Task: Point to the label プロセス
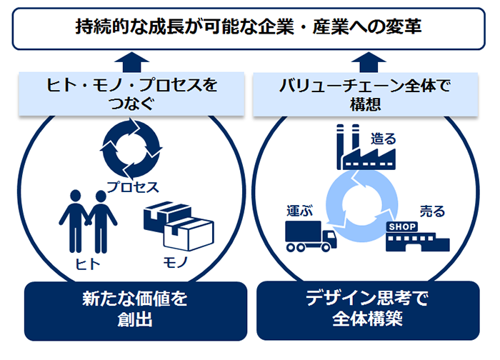pos(132,187)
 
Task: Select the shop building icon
pos(416,236)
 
